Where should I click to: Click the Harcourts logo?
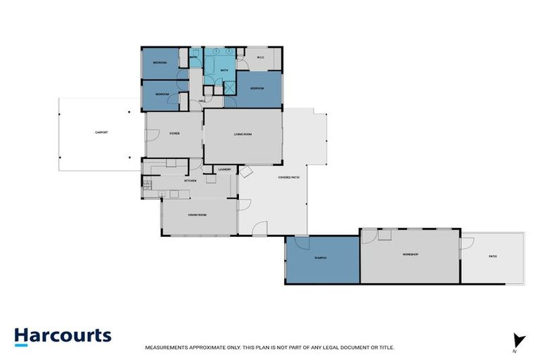pyautogui.click(x=63, y=335)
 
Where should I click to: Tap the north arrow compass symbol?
pyautogui.click(x=519, y=340)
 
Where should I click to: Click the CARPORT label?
pyautogui.click(x=101, y=133)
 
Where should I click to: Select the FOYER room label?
pyautogui.click(x=174, y=133)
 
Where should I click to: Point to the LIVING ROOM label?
pyautogui.click(x=243, y=134)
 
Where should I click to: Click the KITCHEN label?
pyautogui.click(x=191, y=181)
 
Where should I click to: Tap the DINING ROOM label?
pyautogui.click(x=197, y=214)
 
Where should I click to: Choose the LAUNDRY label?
pyautogui.click(x=225, y=169)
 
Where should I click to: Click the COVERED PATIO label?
pyautogui.click(x=290, y=178)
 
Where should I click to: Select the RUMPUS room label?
pyautogui.click(x=321, y=258)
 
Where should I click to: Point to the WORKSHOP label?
pyautogui.click(x=410, y=254)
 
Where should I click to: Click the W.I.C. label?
pyautogui.click(x=260, y=58)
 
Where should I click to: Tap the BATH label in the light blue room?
pyautogui.click(x=224, y=71)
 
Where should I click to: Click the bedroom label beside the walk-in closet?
pyautogui.click(x=257, y=89)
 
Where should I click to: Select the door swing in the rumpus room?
pyautogui.click(x=303, y=242)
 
